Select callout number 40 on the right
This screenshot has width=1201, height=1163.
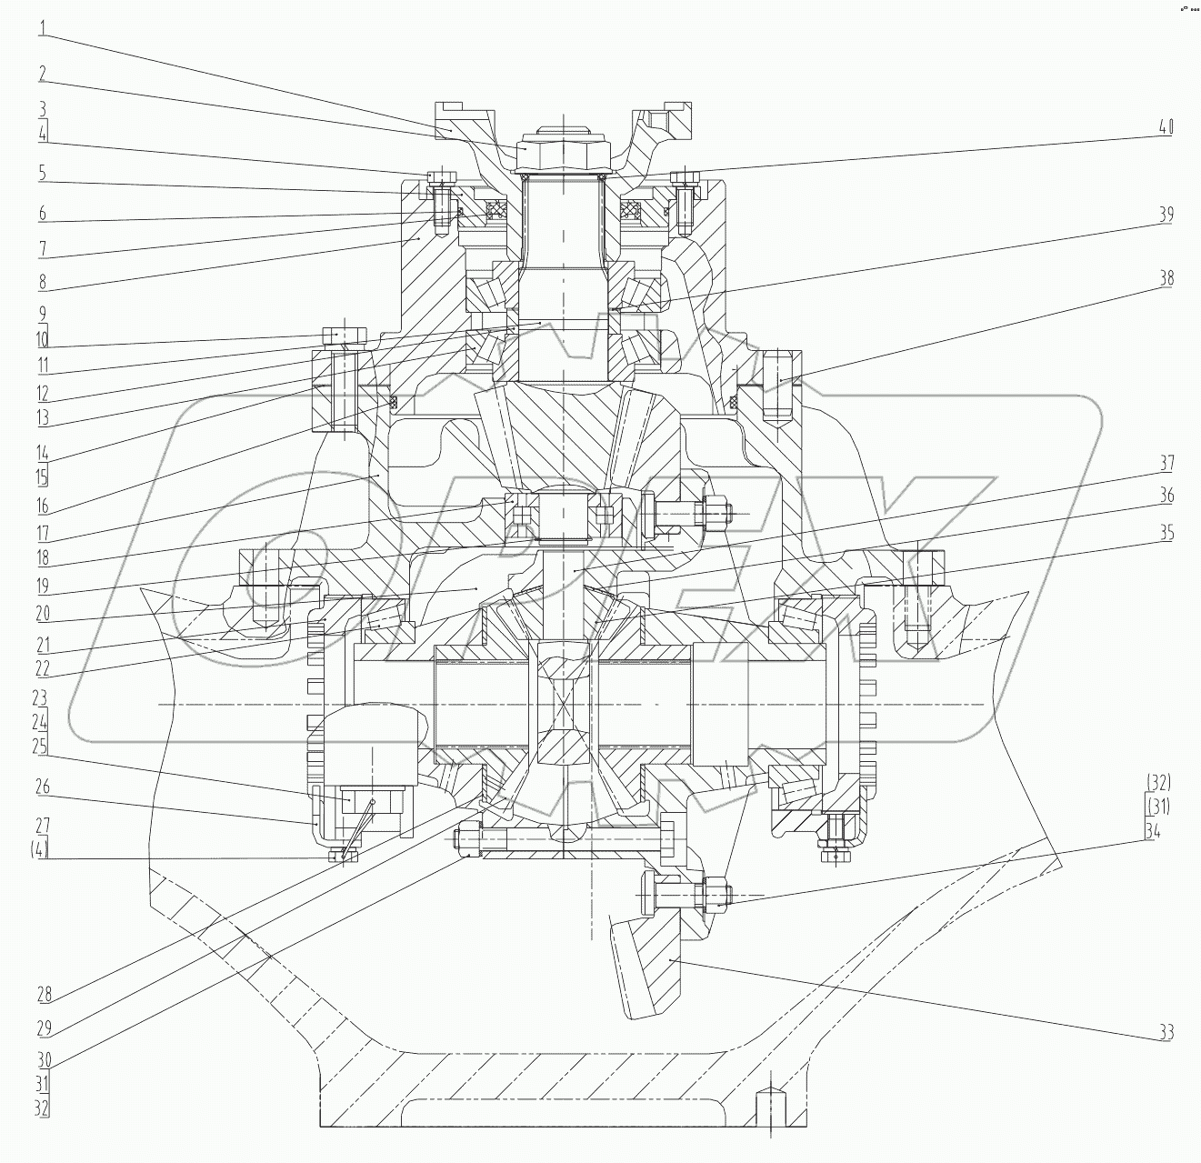(x=1164, y=127)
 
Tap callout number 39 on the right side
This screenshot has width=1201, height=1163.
(x=1166, y=215)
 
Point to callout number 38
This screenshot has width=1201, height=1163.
(x=1166, y=278)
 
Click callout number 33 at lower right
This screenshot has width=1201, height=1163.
(x=1166, y=1032)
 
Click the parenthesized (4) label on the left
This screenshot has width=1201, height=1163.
(x=42, y=850)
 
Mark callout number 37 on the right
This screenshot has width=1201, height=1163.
(x=1166, y=464)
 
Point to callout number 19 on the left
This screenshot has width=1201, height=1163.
(x=42, y=587)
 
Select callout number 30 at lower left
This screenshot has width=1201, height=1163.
(x=42, y=1059)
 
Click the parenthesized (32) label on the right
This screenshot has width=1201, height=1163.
(x=1158, y=783)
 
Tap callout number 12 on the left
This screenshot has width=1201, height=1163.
(x=42, y=395)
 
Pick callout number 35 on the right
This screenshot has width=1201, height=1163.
(x=1166, y=533)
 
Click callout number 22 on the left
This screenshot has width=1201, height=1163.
(x=42, y=669)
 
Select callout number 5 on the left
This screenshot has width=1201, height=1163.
(x=42, y=172)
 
